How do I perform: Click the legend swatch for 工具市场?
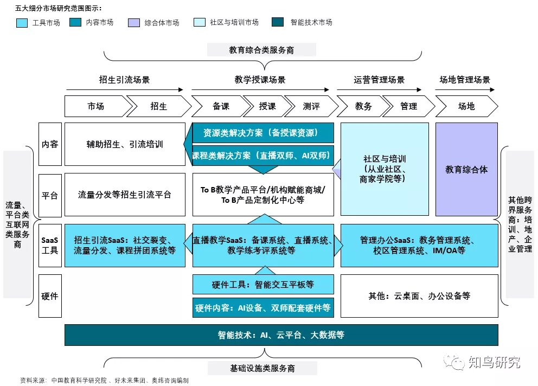23,23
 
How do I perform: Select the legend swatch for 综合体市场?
134,23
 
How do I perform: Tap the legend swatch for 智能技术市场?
278,23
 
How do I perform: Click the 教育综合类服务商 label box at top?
261,50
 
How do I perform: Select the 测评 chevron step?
310,106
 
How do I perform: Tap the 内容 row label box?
50,144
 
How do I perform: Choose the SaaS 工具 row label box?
50,245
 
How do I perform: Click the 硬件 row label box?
50,296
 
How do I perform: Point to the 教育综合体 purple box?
466,169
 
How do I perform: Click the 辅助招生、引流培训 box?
124,144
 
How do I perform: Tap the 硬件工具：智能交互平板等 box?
263,284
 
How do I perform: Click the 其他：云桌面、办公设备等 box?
419,296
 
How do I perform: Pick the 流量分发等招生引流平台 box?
124,195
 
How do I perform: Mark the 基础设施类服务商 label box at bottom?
262,369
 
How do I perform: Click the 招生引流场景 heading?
124,80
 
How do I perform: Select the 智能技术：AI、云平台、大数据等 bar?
281,335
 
